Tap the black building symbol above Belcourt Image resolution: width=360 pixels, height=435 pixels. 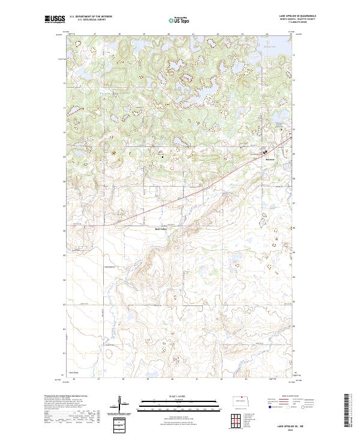268,152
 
